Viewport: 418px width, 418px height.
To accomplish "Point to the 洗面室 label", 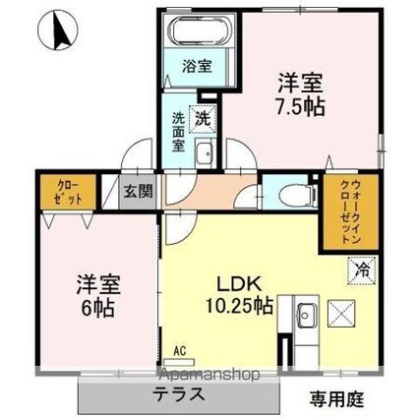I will (x=179, y=126).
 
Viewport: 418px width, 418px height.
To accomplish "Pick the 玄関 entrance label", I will (x=137, y=192).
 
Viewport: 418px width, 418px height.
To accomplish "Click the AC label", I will (x=180, y=348).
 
